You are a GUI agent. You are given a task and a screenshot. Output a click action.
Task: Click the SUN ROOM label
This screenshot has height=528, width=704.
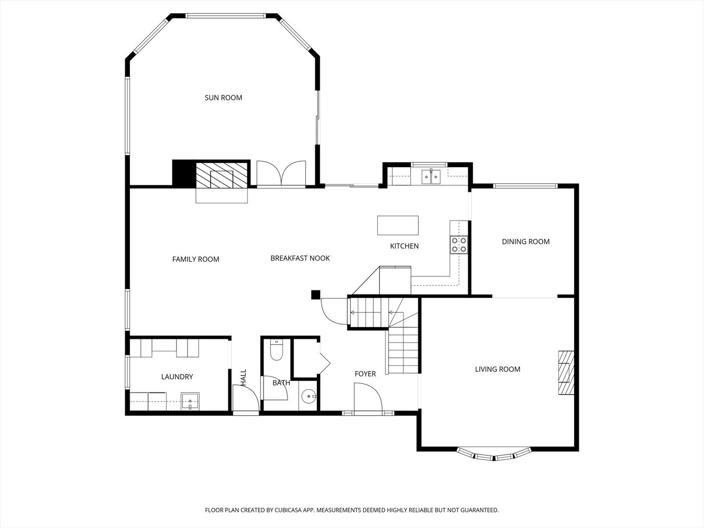point(223,98)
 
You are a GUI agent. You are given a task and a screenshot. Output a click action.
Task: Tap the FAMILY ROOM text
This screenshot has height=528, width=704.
point(196,259)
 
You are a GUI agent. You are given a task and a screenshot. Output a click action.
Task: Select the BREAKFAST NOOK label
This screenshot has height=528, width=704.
point(300,259)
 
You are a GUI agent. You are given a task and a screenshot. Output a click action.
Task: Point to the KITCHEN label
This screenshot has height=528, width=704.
point(404,246)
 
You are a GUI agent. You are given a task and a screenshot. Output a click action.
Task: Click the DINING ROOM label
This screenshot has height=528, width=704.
point(526,242)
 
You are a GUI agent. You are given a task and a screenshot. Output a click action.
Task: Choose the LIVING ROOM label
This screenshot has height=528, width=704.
point(498,369)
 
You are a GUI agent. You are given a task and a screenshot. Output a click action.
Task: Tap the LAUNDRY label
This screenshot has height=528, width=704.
point(177,376)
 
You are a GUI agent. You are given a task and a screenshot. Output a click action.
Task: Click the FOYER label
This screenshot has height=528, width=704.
point(365,374)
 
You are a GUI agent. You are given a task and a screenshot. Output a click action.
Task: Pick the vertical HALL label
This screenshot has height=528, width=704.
point(243,377)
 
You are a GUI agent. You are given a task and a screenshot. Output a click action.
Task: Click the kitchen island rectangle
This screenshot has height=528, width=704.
point(397,225)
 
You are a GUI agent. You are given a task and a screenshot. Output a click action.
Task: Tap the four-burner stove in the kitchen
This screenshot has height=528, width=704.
point(459,245)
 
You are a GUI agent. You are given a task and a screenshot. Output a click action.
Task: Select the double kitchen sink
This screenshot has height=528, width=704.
point(431,176)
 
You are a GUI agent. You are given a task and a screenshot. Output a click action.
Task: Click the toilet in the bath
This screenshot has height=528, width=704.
point(277,351)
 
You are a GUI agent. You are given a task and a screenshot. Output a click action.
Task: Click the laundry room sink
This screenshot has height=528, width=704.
point(190,401)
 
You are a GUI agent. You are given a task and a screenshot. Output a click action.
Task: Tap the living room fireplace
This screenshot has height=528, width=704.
point(566,373)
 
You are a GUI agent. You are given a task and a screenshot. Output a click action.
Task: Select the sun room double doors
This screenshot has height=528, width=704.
point(281,173)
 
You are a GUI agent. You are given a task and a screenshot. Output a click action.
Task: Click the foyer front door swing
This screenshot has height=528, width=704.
point(368,396)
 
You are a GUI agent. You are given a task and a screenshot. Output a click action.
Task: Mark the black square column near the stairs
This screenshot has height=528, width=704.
point(316,295)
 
